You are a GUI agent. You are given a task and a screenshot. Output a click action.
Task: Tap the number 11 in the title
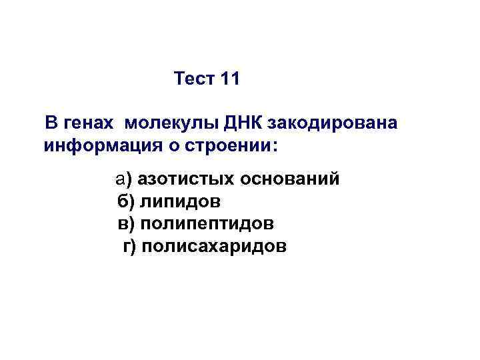coord(229,79)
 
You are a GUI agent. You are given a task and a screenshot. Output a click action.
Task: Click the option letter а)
coord(123,179)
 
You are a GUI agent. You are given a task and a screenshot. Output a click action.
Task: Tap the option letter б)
coord(125,201)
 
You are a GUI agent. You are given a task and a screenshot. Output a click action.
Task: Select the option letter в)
coord(125,223)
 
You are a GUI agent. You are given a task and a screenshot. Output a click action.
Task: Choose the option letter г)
coord(129,247)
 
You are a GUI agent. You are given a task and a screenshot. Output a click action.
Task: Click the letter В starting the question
coord(51,124)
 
